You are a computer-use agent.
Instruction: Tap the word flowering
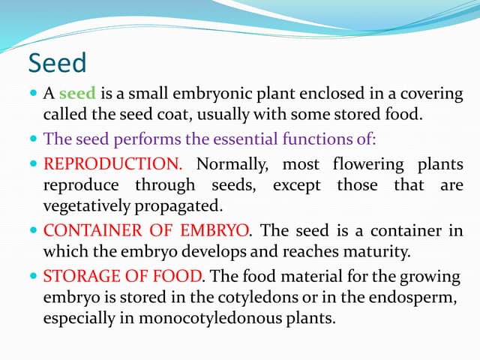[367, 163]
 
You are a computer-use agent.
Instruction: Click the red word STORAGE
[79, 276]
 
